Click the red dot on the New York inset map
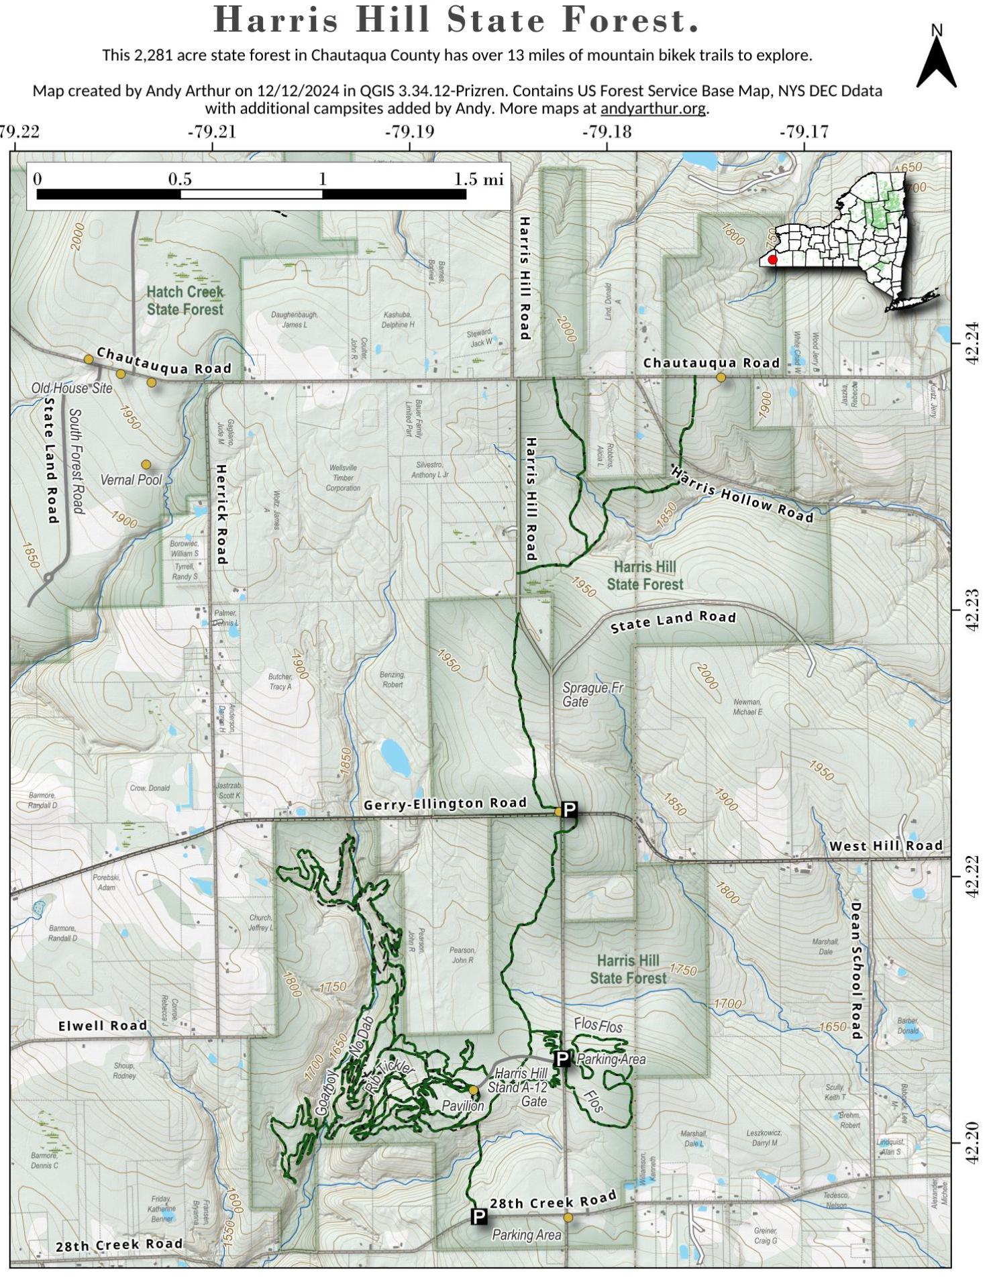[x=772, y=260]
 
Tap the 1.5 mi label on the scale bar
[x=478, y=179]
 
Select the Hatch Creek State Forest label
[x=185, y=301]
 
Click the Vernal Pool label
[x=132, y=480]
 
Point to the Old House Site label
[x=72, y=388]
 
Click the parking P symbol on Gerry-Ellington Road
[x=569, y=810]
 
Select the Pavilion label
[x=462, y=1106]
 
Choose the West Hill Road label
[x=886, y=846]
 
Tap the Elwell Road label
[x=103, y=1026]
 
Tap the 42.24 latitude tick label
[x=973, y=343]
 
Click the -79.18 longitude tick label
[x=607, y=131]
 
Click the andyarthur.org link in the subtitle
[x=653, y=108]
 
